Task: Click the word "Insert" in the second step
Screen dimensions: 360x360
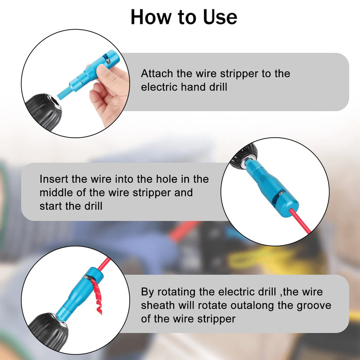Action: point(54,179)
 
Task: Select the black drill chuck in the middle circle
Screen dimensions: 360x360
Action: point(241,160)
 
